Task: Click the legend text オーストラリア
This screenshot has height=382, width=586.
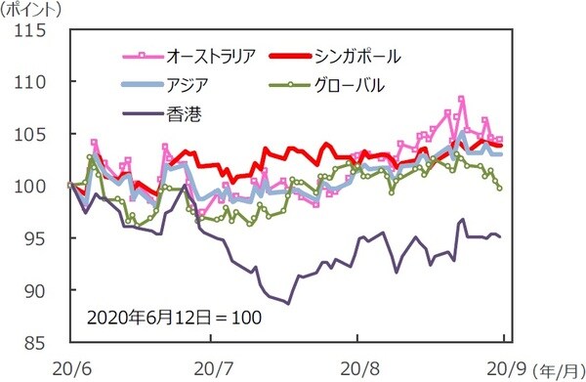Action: click(x=212, y=56)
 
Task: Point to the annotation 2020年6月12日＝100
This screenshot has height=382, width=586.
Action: click(x=173, y=318)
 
